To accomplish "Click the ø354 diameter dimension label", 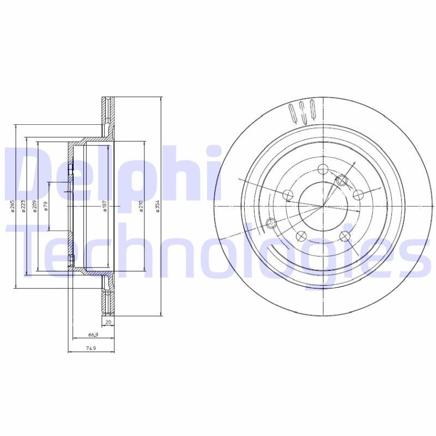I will click(x=158, y=208).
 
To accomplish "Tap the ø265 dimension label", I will click(x=13, y=208).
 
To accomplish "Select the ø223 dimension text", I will click(x=23, y=208).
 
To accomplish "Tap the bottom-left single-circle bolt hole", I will click(x=300, y=235).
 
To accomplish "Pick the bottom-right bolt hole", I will click(x=344, y=235).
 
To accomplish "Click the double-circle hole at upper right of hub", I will click(x=342, y=180).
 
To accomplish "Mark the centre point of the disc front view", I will click(x=323, y=207).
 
